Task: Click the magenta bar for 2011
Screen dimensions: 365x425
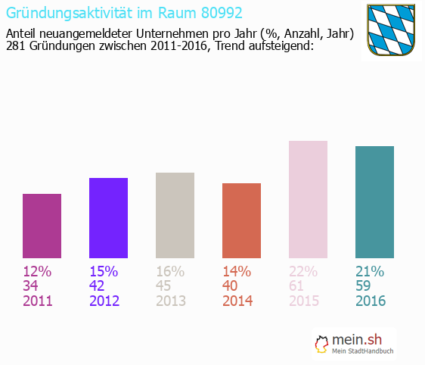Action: pyautogui.click(x=42, y=226)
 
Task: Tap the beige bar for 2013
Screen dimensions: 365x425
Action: pyautogui.click(x=175, y=215)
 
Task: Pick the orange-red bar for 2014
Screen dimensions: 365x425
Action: pyautogui.click(x=241, y=220)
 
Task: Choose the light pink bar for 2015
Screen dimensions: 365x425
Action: pyautogui.click(x=308, y=199)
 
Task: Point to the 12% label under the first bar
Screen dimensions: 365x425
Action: pyautogui.click(x=37, y=271)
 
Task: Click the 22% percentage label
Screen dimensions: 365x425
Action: pyautogui.click(x=303, y=271)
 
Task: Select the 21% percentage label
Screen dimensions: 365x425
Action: pyautogui.click(x=370, y=271)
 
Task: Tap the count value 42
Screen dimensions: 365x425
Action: pyautogui.click(x=99, y=285)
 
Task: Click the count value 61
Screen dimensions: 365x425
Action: pyautogui.click(x=298, y=285)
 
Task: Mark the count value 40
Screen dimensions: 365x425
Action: pyautogui.click(x=232, y=285)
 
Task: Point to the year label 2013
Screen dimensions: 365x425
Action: pyautogui.click(x=171, y=301)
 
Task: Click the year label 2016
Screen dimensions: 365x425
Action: pyautogui.click(x=371, y=301)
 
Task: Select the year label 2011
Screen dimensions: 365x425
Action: pyautogui.click(x=38, y=301)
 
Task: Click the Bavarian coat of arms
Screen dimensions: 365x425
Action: pyautogui.click(x=391, y=30)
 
